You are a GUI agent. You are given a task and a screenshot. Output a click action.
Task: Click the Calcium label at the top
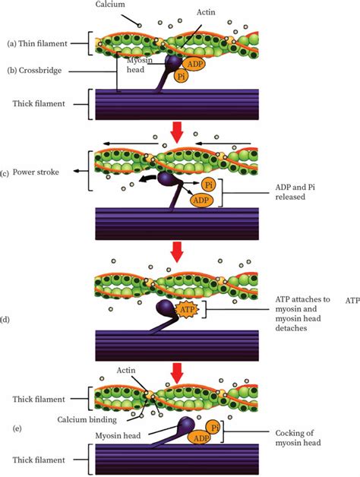click(x=111, y=5)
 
